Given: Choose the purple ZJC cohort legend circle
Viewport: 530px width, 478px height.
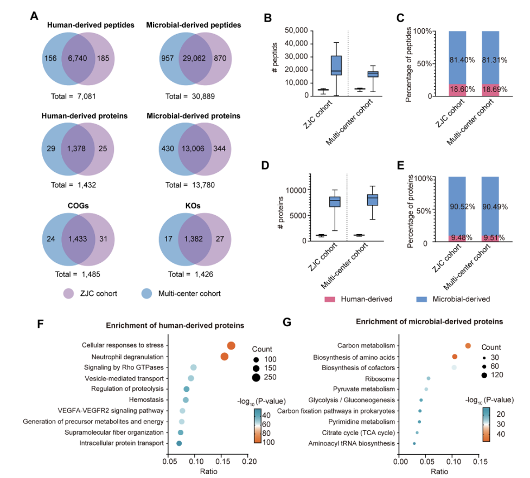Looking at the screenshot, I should [68, 293].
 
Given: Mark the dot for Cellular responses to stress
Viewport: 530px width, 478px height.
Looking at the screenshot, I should [231, 346].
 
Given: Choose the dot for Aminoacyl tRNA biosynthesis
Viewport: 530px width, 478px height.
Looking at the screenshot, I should [414, 443].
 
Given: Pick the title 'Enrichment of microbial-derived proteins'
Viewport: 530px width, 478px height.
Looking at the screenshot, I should [430, 321].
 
